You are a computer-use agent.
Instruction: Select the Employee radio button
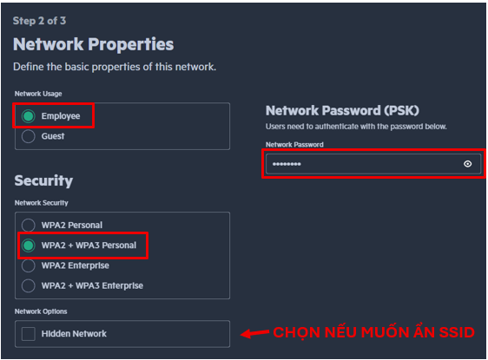tap(29, 116)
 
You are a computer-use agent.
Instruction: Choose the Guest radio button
tap(29, 136)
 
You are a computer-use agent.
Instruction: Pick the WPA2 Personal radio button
tap(29, 225)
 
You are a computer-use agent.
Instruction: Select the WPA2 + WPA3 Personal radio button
tap(29, 245)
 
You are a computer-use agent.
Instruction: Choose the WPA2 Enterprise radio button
tap(29, 265)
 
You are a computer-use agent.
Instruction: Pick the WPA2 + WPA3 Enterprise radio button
tap(29, 285)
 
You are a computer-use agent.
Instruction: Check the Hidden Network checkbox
tap(29, 334)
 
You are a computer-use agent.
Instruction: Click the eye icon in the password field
tap(467, 164)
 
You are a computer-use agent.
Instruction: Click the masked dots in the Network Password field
tap(287, 164)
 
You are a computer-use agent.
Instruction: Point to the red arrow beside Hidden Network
tap(255, 333)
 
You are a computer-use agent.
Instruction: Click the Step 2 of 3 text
tap(40, 21)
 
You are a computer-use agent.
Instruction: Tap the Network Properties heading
tap(94, 44)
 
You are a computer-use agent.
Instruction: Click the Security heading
tap(43, 180)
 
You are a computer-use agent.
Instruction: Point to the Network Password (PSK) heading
tap(342, 110)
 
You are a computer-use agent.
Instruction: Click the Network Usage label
tap(38, 94)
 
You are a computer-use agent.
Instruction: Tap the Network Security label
tap(42, 203)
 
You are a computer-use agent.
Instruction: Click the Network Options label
tap(41, 311)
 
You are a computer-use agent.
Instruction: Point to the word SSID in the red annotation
tap(457, 332)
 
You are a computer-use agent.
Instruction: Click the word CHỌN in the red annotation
tap(297, 332)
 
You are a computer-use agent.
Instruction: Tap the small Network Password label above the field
tap(294, 145)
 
